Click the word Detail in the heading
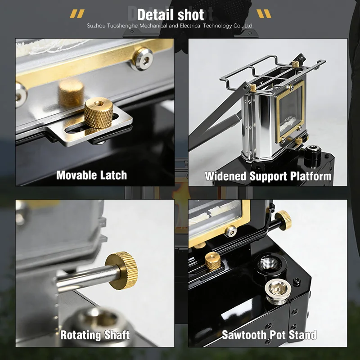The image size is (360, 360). tap(155, 15)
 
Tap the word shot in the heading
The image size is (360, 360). tap(191, 15)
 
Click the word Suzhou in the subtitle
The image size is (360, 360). tap(96, 26)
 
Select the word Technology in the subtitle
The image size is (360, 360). tap(217, 26)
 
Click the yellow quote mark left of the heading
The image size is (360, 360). tap(77, 13)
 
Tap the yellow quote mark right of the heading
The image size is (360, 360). tap(264, 13)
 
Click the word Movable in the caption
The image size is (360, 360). tap(74, 175)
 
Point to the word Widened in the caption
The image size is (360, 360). tap(226, 176)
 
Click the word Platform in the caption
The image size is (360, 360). tap(311, 176)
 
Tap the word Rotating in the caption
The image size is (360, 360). tap(81, 335)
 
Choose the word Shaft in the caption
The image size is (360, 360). tap(117, 335)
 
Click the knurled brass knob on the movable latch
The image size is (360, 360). tap(99, 112)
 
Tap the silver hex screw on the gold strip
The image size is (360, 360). tap(143, 59)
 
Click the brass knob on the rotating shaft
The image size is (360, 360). tap(121, 270)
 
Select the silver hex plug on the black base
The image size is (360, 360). tap(278, 292)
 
